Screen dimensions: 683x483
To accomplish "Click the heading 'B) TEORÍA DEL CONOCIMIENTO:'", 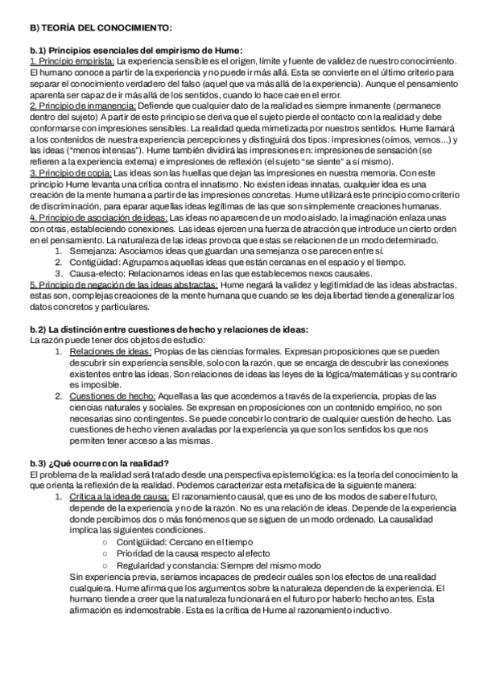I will (x=94, y=27).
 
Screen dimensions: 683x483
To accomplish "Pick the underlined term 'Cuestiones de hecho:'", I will (x=112, y=396).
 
